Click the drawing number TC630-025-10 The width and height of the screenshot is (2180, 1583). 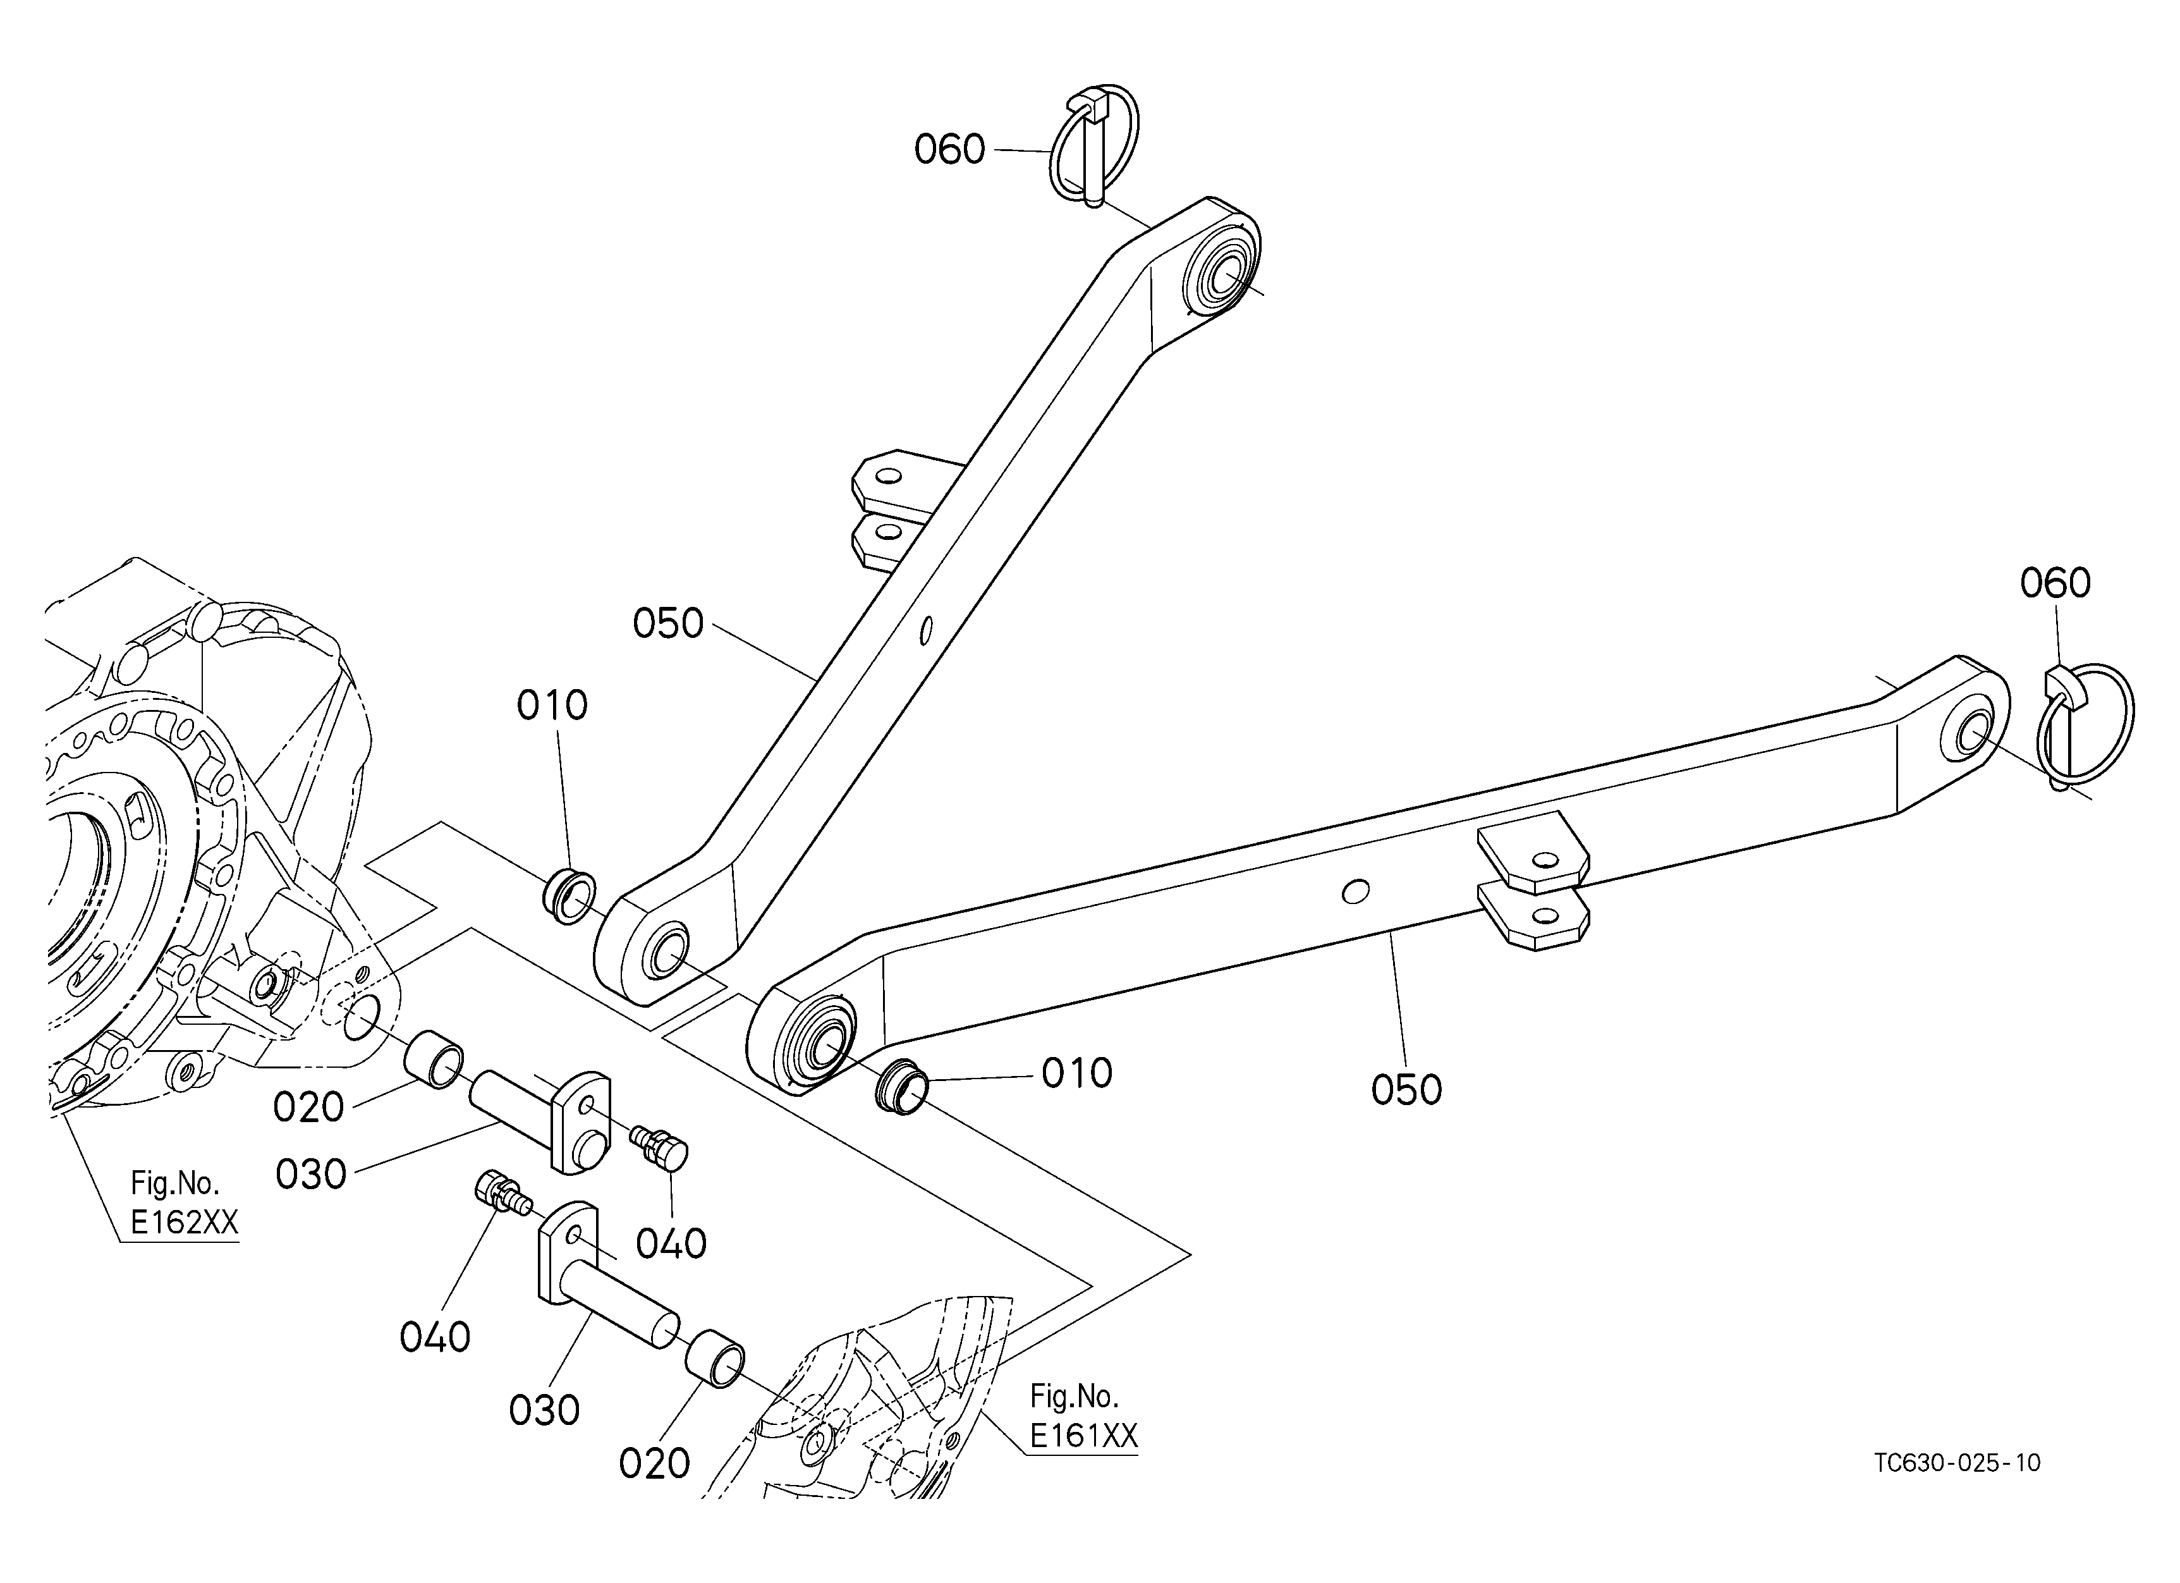1957,1463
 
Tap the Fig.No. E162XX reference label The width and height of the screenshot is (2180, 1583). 183,1202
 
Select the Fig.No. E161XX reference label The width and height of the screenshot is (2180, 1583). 1083,1415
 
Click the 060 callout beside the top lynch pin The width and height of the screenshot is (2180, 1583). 949,150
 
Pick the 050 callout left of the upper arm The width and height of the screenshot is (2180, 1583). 668,624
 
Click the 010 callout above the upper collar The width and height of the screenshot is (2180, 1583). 552,706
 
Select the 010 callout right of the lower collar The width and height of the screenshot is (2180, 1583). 1076,1073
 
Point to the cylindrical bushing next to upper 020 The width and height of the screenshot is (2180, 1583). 432,1060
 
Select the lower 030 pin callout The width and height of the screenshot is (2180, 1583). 544,1411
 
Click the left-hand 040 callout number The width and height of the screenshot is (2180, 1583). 434,1337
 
